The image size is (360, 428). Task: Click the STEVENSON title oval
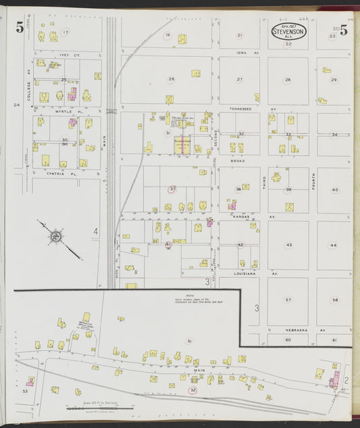pos(289,31)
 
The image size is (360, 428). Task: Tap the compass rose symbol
pos(54,236)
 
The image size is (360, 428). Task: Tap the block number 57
pos(288,300)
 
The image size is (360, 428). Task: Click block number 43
pos(288,245)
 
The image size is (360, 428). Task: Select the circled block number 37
pos(173,189)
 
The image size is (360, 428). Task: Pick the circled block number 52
pos(193,390)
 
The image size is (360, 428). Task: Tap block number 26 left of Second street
pos(171,79)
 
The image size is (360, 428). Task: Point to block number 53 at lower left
pos(25,391)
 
